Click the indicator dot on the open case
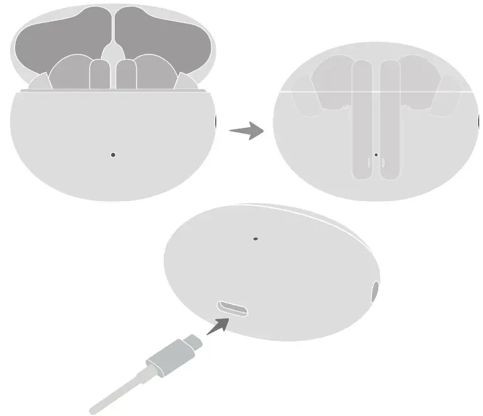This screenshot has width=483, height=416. (113, 154)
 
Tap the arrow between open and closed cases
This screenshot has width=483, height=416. (246, 131)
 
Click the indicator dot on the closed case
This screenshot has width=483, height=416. (376, 154)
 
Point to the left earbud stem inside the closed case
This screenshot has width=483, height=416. (362, 119)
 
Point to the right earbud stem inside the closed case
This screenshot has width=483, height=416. (390, 119)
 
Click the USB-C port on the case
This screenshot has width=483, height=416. (232, 308)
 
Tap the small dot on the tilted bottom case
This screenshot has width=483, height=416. (255, 239)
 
